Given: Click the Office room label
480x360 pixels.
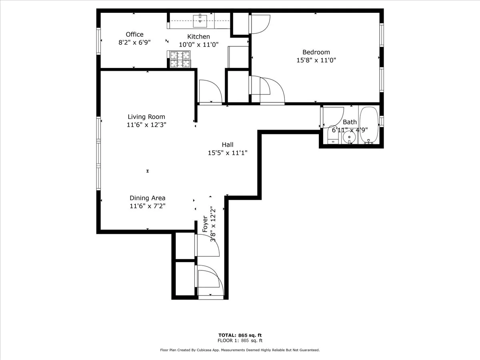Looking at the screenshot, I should tap(134, 34).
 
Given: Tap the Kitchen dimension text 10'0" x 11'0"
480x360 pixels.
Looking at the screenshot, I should tap(198, 45).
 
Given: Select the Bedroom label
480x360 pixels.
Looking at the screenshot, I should tap(316, 52).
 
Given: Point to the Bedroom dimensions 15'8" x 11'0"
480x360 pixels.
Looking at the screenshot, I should tap(316, 60).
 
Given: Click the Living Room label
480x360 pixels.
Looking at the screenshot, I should tap(146, 117).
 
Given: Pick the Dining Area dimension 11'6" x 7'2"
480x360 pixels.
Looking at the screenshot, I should tap(147, 206).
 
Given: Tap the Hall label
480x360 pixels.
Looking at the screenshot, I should tap(228, 145).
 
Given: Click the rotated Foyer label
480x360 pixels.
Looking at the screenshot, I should tap(205, 224).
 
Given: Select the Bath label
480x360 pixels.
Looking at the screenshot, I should tap(350, 122).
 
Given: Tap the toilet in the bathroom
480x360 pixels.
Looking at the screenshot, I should tap(333, 135).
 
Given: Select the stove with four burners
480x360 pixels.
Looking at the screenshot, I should tap(180, 60).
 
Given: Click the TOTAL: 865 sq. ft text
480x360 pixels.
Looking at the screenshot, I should tap(240, 335).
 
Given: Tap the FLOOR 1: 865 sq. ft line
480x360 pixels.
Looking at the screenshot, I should tap(240, 341).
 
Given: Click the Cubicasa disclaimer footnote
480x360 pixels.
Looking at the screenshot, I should tap(240, 350).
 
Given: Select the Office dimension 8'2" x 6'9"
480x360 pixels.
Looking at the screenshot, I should tap(134, 43).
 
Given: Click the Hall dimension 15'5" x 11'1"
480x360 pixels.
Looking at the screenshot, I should tap(228, 153).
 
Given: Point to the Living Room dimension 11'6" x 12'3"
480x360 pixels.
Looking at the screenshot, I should tap(146, 125).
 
